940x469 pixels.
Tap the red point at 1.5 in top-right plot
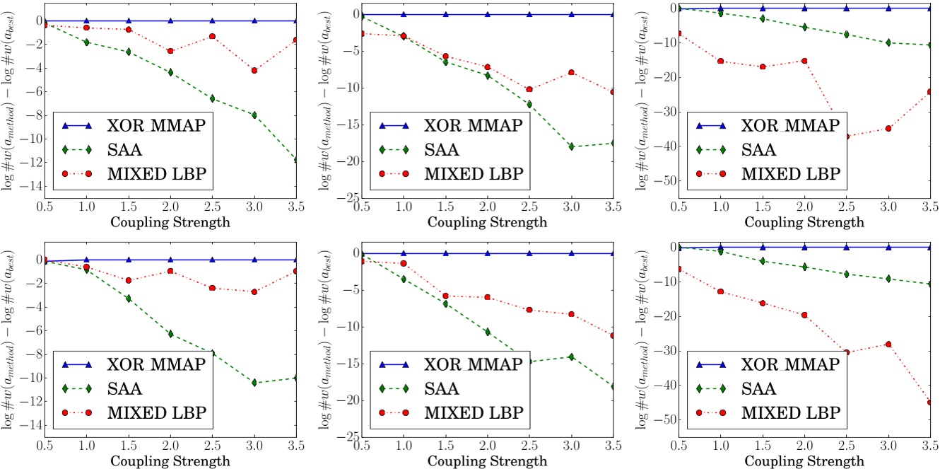762,66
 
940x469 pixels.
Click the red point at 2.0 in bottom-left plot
170,271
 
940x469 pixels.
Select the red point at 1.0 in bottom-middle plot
403,263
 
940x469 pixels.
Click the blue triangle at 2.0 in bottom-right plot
804,247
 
